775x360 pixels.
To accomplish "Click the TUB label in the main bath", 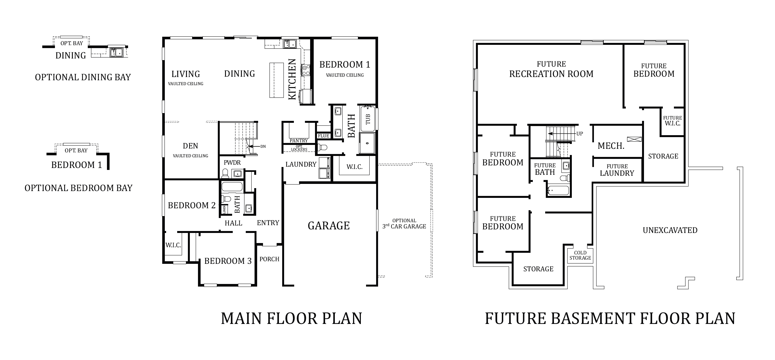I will (368, 119).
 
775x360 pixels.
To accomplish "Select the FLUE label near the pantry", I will (323, 136).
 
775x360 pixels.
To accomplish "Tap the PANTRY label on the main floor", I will (299, 141).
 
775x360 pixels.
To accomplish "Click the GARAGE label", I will (329, 225).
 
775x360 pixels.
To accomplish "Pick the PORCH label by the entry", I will (269, 259).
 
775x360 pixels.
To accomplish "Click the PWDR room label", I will (232, 162).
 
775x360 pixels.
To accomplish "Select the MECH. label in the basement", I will (611, 146).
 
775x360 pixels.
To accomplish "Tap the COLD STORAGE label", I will (580, 255).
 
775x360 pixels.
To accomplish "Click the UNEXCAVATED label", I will (670, 230).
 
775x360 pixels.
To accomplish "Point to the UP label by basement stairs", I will (580, 134).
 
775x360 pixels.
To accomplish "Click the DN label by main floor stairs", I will (263, 147).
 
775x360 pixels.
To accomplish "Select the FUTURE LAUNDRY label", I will (617, 170).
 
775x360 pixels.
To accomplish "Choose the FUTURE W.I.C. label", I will (672, 121).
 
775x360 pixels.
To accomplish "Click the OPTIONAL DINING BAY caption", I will (83, 77).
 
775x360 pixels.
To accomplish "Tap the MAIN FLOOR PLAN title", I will (291, 318).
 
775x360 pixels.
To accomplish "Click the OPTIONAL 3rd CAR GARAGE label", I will (404, 224).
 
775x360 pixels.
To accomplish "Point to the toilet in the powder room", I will (225, 174).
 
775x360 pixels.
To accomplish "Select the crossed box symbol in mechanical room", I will (634, 139).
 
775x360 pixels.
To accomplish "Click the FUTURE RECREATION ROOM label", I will (551, 70).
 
